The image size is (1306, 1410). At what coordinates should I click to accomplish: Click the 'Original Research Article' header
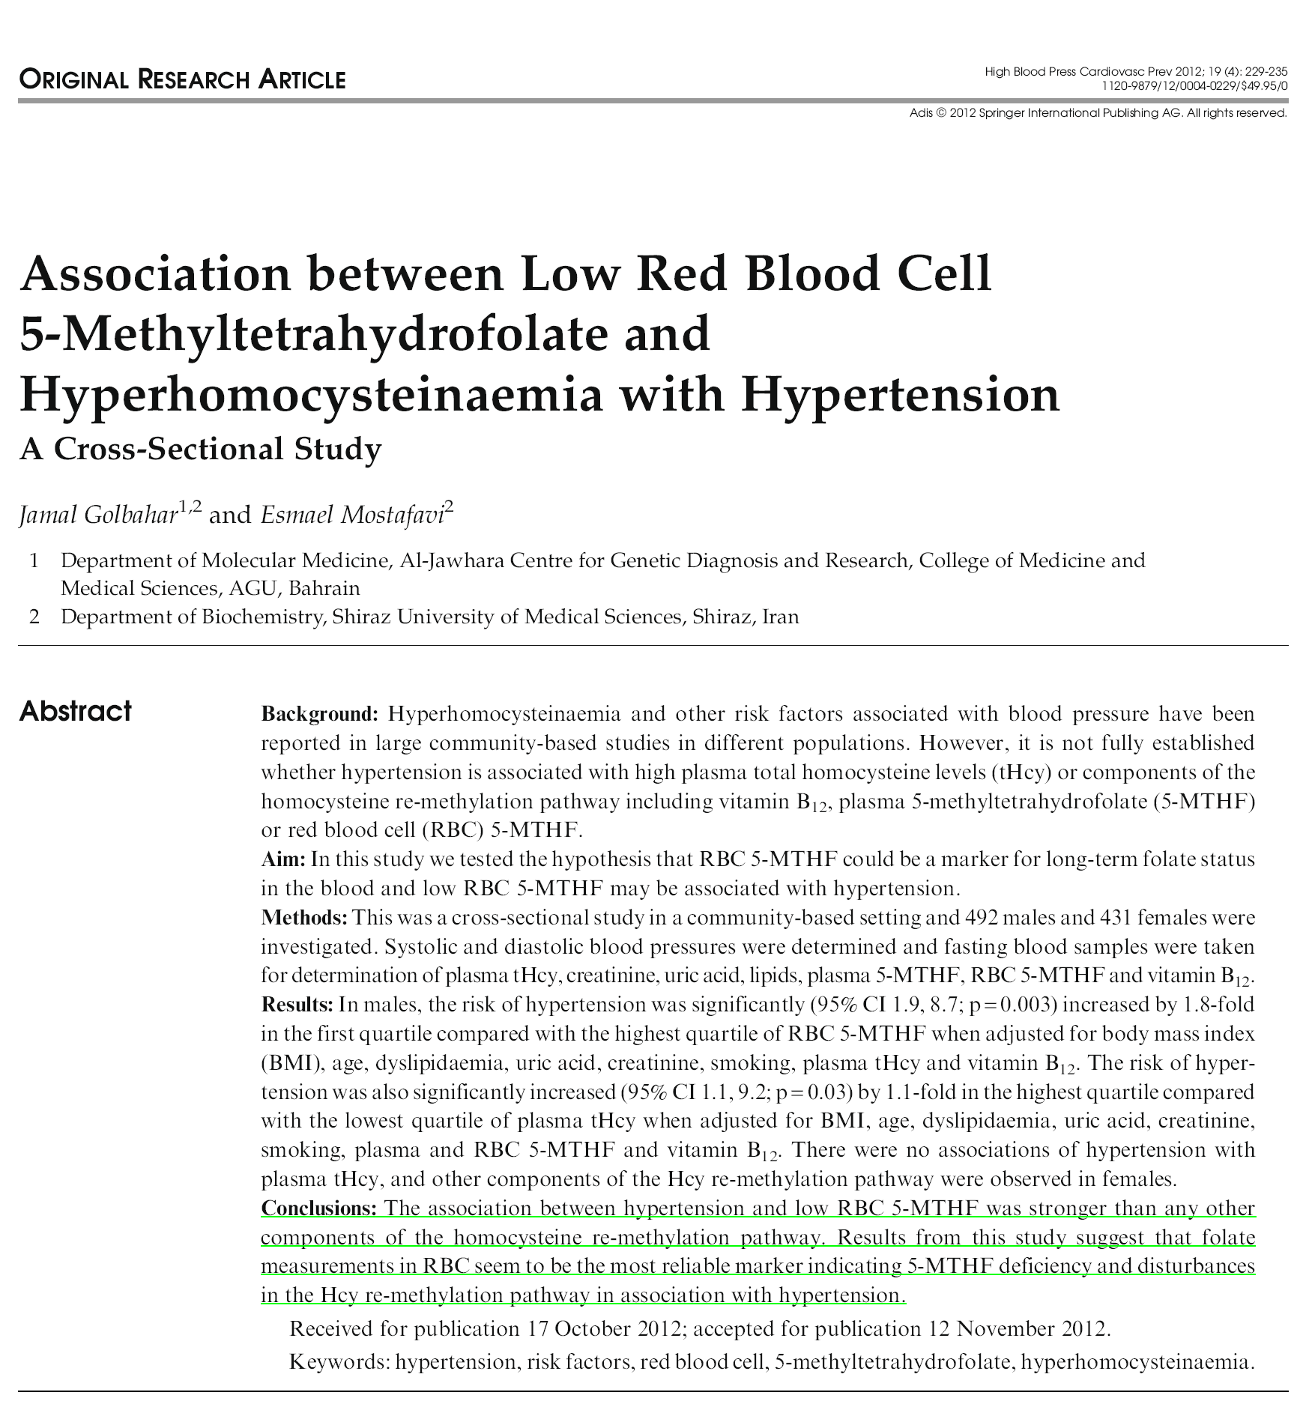tap(182, 79)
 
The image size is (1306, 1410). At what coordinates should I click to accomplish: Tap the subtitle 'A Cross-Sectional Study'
tap(200, 449)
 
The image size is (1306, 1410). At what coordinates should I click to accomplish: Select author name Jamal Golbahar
tap(98, 515)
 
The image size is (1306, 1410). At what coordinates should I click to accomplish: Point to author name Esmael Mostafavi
tap(351, 515)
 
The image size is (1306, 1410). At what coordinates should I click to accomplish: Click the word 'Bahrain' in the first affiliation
tap(324, 587)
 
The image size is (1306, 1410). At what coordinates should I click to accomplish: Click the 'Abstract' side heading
tap(75, 711)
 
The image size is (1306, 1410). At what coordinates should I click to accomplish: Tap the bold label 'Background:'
tap(320, 714)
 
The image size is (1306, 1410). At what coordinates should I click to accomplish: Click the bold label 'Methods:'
tap(303, 918)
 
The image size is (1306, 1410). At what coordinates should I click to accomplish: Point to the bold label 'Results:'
tap(297, 1005)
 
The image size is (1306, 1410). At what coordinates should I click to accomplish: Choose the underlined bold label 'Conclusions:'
tap(318, 1208)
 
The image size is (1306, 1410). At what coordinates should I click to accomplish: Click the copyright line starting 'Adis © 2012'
tap(1098, 113)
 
